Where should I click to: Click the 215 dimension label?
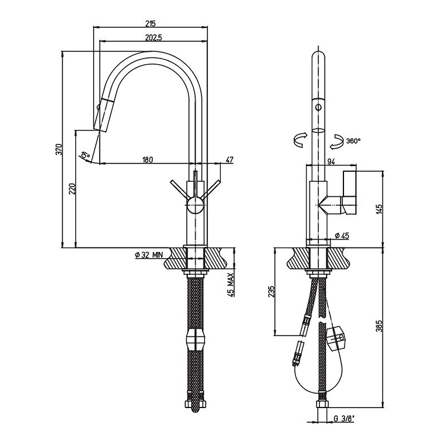151,23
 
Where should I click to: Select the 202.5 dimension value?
153,37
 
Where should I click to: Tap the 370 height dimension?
59,149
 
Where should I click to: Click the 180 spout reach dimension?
147,160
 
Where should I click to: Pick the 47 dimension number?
229,160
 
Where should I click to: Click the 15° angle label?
85,155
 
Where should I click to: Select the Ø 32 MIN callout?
149,255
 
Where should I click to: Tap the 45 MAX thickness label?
230,285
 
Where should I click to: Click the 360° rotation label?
353,140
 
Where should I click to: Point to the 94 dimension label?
331,162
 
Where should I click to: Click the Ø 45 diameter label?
342,235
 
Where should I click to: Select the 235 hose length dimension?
272,292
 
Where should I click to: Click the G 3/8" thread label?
344,418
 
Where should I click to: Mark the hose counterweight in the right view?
336,338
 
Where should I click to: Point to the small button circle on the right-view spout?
318,108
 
